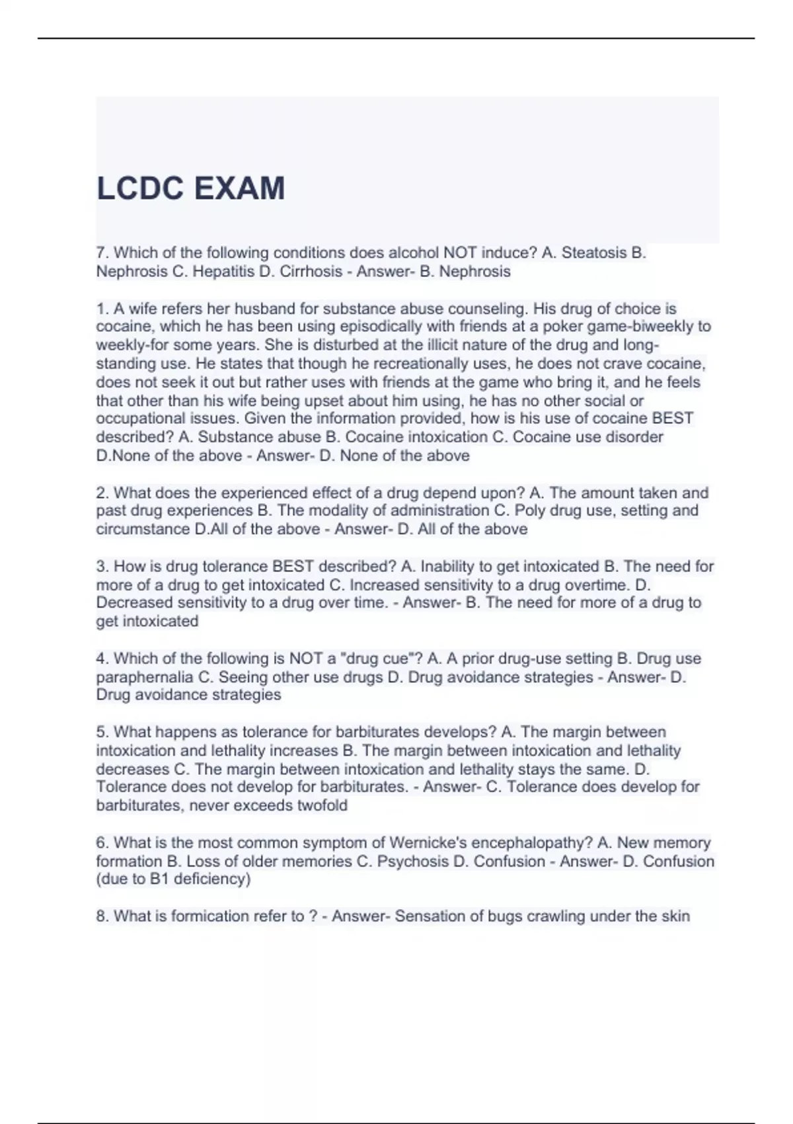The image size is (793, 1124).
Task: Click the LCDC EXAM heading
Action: click(x=190, y=188)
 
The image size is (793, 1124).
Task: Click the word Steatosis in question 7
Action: click(x=593, y=253)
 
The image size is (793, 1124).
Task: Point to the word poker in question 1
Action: click(x=560, y=326)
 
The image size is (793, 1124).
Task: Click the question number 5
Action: click(x=102, y=732)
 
